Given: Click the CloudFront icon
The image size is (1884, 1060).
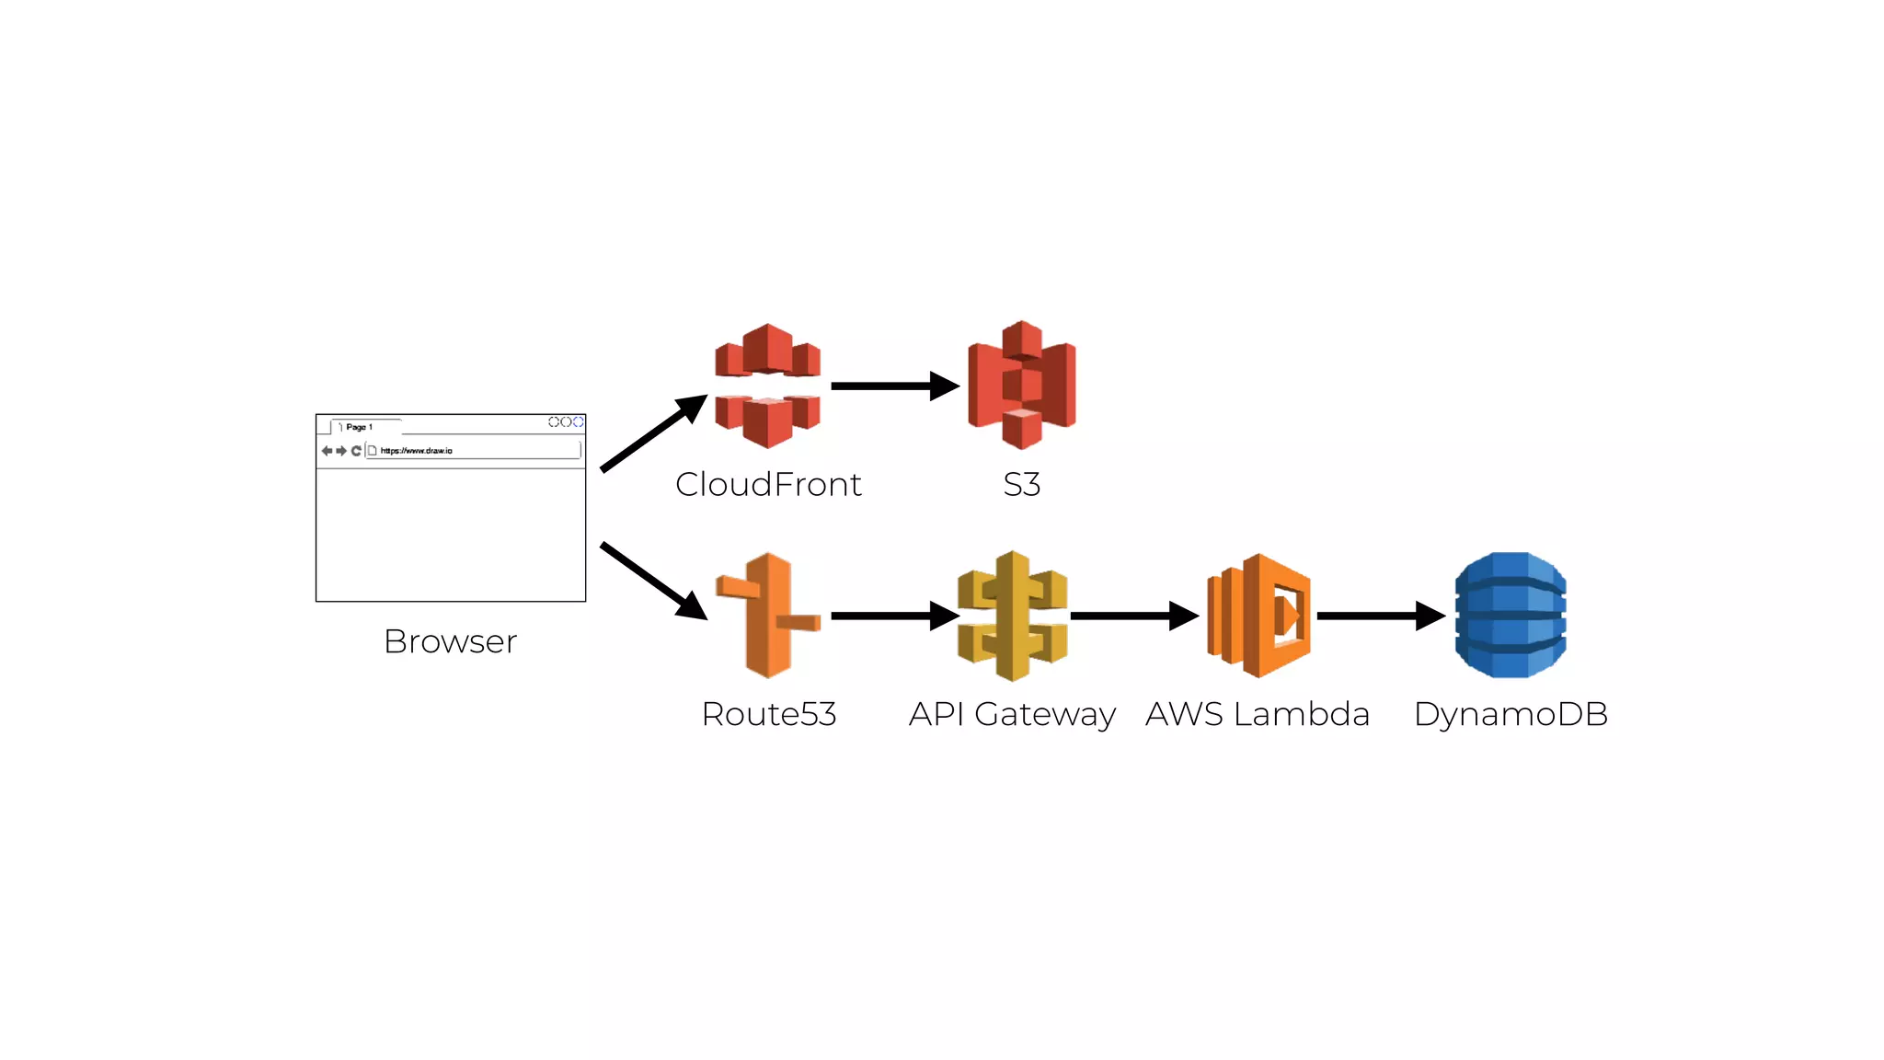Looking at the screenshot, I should (x=767, y=386).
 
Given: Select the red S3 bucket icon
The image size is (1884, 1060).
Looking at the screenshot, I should (x=1021, y=385).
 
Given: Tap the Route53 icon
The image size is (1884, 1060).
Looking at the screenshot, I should (x=768, y=615).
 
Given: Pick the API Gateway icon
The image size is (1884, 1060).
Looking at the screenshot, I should (x=1012, y=616).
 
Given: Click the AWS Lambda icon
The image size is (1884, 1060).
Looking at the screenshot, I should (x=1258, y=616).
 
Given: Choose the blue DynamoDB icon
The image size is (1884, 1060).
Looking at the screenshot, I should (x=1510, y=615).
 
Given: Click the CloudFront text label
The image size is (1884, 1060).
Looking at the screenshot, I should (x=768, y=484).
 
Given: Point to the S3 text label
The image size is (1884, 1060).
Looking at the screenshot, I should (x=1021, y=484).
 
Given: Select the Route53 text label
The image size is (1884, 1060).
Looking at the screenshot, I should (x=768, y=714).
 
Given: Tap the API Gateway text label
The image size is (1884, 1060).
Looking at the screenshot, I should (x=1012, y=714).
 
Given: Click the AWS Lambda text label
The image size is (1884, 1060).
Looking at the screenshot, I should (x=1258, y=714).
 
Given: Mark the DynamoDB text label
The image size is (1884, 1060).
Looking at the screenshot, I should (x=1511, y=714).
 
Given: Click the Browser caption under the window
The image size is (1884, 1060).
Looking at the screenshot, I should (x=450, y=641).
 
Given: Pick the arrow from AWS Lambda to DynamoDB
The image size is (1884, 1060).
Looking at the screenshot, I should (x=1380, y=616).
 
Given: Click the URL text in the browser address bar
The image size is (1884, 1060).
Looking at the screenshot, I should (x=416, y=451).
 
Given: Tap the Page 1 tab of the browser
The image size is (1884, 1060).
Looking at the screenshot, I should (x=360, y=427).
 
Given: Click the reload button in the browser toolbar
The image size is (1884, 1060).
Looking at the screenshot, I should (x=356, y=451).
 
